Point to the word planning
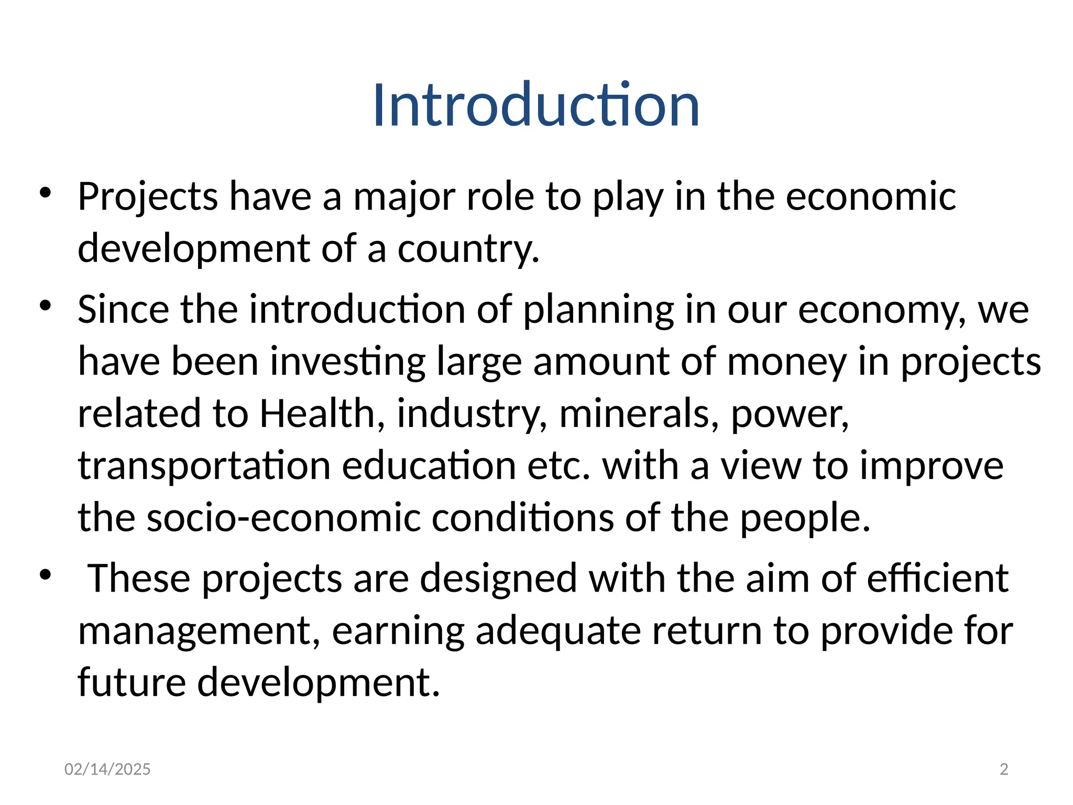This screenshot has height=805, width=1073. pyautogui.click(x=598, y=310)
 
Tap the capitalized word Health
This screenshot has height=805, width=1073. pyautogui.click(x=317, y=414)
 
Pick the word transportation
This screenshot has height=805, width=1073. pyautogui.click(x=204, y=466)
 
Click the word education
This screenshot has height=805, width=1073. pyautogui.click(x=429, y=465)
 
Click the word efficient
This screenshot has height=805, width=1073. pyautogui.click(x=937, y=578)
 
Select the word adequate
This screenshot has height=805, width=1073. pyautogui.click(x=558, y=632)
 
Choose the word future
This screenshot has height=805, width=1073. pyautogui.click(x=132, y=682)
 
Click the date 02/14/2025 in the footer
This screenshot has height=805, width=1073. pyautogui.click(x=107, y=769)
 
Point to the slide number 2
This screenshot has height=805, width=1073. pyautogui.click(x=1004, y=769)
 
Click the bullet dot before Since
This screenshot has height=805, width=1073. pyautogui.click(x=46, y=305)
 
